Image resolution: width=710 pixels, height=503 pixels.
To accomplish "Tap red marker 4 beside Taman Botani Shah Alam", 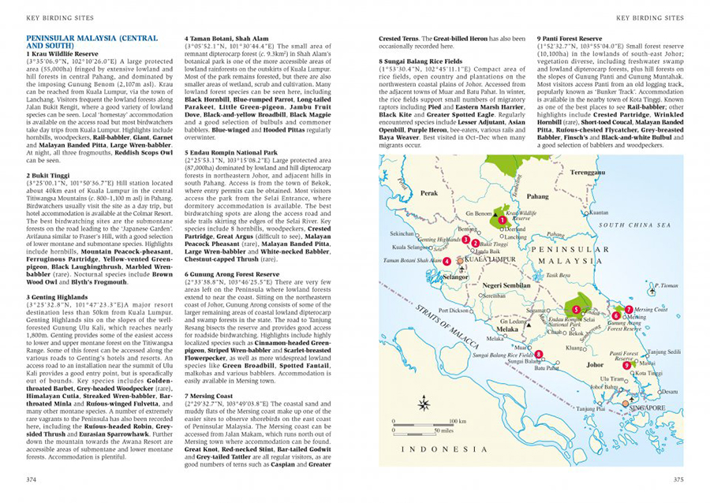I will (447, 260).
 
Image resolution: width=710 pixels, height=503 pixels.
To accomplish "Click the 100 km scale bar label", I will (458, 422).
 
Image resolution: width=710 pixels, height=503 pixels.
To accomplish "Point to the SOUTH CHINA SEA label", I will (640, 225).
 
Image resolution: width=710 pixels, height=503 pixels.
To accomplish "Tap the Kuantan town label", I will (599, 213).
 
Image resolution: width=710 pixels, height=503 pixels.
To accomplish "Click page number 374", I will (32, 479).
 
